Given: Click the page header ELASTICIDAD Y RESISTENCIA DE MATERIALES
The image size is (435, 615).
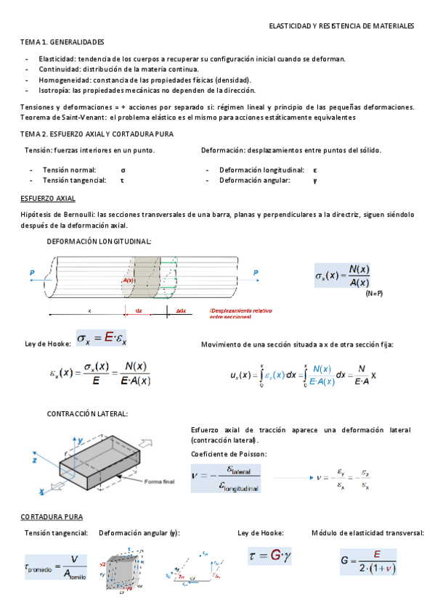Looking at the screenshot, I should pos(341,26).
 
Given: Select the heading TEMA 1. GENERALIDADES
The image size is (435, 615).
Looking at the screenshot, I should pos(62,43).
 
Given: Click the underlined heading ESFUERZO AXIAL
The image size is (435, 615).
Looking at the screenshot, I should pos(48,199).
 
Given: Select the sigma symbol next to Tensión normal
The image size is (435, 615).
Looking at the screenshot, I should pos(123,170).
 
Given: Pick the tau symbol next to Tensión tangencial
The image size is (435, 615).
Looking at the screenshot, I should pos(123,181).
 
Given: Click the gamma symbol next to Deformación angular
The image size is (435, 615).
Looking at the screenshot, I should pos(314,181).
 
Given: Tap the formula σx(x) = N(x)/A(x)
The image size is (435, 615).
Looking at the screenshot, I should pos(343,276).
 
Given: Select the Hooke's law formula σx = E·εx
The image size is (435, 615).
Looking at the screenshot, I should pos(102,339).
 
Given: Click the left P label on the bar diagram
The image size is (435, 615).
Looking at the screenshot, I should pos(32,273).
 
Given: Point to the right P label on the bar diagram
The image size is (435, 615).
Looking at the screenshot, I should pos(255,273).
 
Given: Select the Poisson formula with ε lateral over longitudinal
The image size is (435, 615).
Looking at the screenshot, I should pos(226,479).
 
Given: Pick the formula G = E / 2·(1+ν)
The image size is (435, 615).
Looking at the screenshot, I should pos(370,560).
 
